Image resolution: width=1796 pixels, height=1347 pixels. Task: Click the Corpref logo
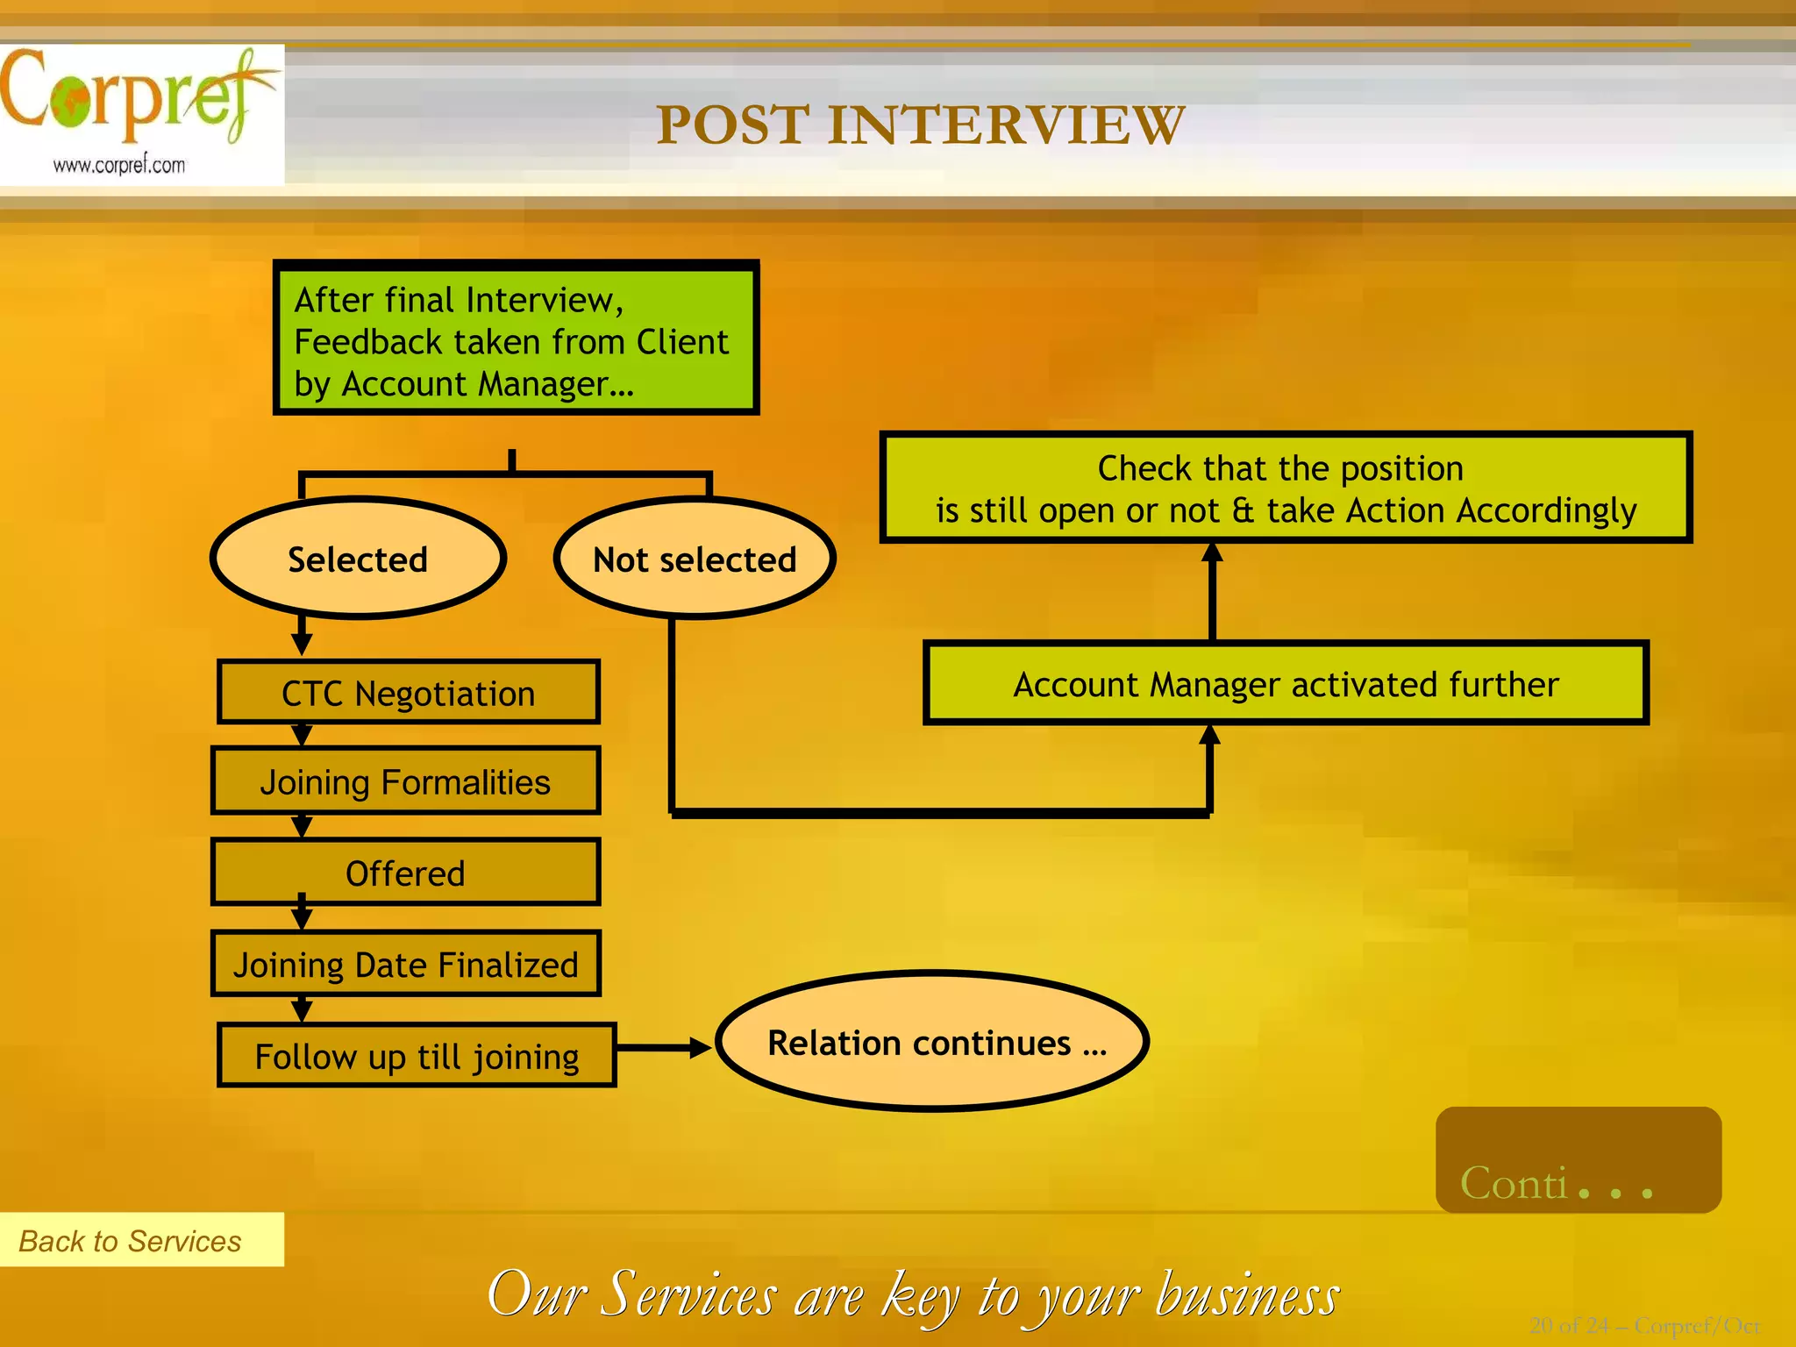click(x=132, y=96)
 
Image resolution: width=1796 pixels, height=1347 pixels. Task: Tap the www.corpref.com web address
click(x=119, y=165)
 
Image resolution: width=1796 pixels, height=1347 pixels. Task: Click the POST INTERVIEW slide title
click(x=920, y=125)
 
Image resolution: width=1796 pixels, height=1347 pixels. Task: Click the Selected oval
click(x=358, y=559)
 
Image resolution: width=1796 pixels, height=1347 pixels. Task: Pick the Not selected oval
click(x=695, y=559)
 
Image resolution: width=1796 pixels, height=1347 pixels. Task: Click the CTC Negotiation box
click(x=409, y=693)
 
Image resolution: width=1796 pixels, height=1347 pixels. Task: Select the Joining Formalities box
click(x=405, y=781)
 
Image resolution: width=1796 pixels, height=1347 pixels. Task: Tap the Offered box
click(x=405, y=873)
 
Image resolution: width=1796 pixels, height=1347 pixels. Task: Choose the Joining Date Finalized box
click(x=405, y=965)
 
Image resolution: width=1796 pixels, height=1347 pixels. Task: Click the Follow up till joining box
click(x=417, y=1056)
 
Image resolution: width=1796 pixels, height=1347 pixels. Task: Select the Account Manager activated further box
click(x=1286, y=684)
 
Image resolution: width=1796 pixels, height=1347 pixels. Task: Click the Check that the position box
click(x=1286, y=488)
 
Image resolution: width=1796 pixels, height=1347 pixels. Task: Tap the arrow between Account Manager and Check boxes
click(x=1212, y=592)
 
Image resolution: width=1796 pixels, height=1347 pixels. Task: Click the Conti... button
click(x=1578, y=1160)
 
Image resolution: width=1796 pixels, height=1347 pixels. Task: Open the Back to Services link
click(x=130, y=1241)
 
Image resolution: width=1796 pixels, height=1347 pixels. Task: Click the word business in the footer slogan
click(x=1247, y=1294)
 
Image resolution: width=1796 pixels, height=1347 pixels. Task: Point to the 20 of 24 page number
click(x=1643, y=1325)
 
